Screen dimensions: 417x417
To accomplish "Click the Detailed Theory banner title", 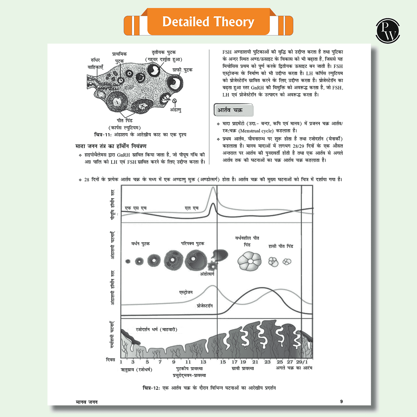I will point(208,22).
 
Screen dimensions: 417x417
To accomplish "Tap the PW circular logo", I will point(387,31).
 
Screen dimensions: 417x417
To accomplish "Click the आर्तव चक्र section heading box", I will point(233,110).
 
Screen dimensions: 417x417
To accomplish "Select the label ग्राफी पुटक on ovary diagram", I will point(182,70).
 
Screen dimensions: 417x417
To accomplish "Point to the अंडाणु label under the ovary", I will point(175,110).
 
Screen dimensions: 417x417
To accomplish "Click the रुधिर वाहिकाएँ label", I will point(95,64).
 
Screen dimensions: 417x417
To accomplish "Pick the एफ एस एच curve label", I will point(135,208).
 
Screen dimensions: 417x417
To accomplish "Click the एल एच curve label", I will point(191,208).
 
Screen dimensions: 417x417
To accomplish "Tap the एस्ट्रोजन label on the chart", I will point(186,292).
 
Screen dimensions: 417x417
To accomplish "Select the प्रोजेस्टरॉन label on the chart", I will point(204,306).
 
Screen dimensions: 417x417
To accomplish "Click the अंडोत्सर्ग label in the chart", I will point(207,274).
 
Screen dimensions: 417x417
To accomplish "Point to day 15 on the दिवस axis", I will point(223,362).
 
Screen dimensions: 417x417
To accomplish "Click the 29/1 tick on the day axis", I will point(302,362).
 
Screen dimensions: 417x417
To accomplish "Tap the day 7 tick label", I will point(160,362).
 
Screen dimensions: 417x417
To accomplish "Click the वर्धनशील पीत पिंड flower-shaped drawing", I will point(249,261).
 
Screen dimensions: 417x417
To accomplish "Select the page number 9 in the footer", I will point(341,401).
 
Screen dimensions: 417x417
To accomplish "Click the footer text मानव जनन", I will point(87,402).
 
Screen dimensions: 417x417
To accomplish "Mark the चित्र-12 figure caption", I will point(209,388).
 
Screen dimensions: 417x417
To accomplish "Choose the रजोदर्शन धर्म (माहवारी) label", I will point(156,329).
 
